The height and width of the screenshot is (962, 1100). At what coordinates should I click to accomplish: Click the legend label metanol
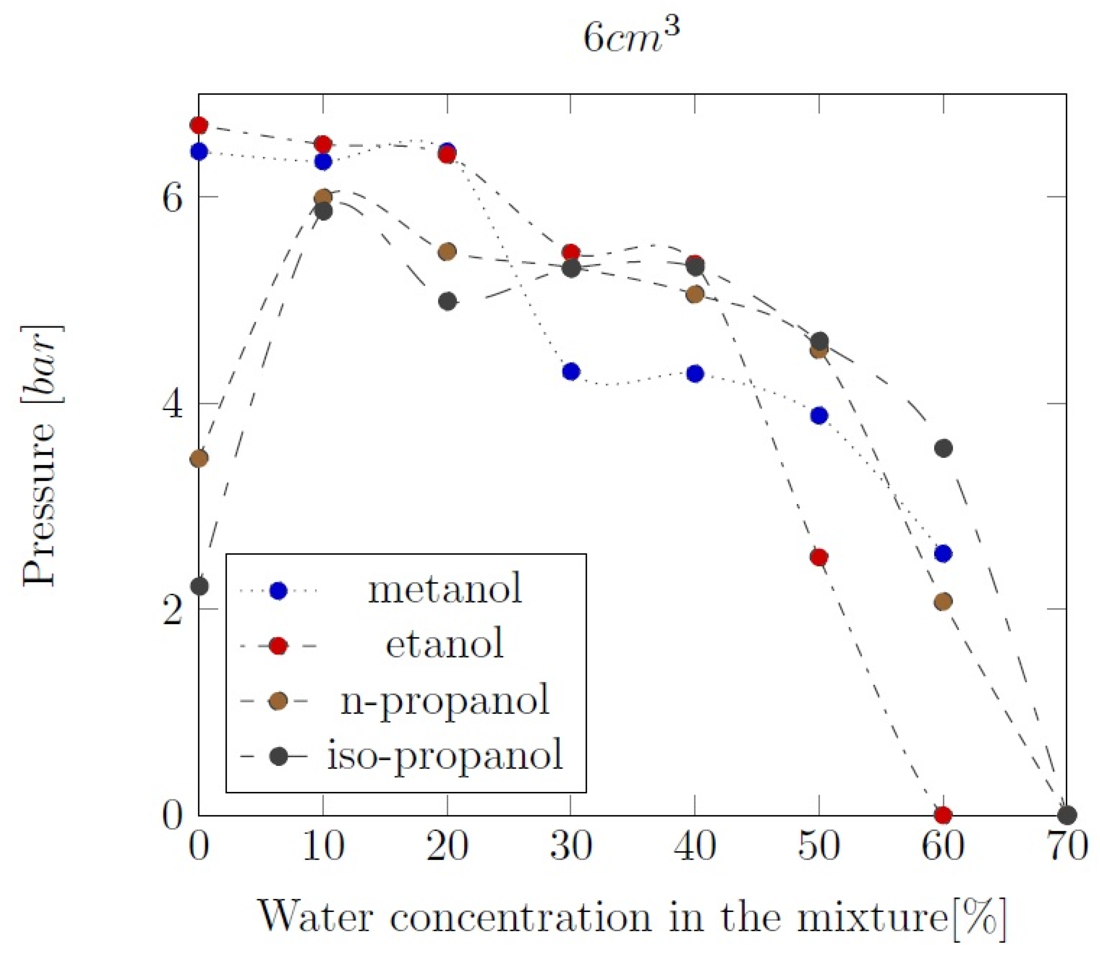[445, 589]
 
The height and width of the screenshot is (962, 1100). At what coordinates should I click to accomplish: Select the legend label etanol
[445, 644]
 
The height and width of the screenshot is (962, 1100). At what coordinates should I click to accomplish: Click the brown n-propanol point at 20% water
[447, 251]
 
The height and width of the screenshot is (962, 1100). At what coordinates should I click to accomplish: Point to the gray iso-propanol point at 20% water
[447, 301]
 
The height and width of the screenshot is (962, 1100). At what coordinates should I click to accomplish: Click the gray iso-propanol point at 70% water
[1067, 815]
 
